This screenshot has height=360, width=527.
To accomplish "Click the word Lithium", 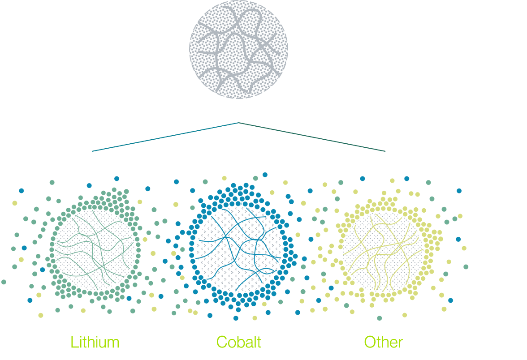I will coord(95,343).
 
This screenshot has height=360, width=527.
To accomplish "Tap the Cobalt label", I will coord(238,343).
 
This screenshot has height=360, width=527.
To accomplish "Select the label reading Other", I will coord(383,343).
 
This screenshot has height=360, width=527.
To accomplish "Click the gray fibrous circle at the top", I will coord(238,49).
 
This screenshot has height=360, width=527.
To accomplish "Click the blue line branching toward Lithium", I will coord(166,137).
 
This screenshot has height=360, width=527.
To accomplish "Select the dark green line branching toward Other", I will coord(311,137).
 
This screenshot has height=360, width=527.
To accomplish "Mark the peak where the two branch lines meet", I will coord(238,122).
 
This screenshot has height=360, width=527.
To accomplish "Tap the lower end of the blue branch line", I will coord(92,151).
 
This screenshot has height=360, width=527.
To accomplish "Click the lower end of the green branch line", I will coord(384,151).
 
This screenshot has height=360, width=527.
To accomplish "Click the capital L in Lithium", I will coord(73,343).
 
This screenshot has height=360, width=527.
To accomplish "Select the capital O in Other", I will coord(370,343).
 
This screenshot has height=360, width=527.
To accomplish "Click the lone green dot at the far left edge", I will coord(4,282).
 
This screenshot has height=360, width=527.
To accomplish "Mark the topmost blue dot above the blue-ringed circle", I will coord(265,174).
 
